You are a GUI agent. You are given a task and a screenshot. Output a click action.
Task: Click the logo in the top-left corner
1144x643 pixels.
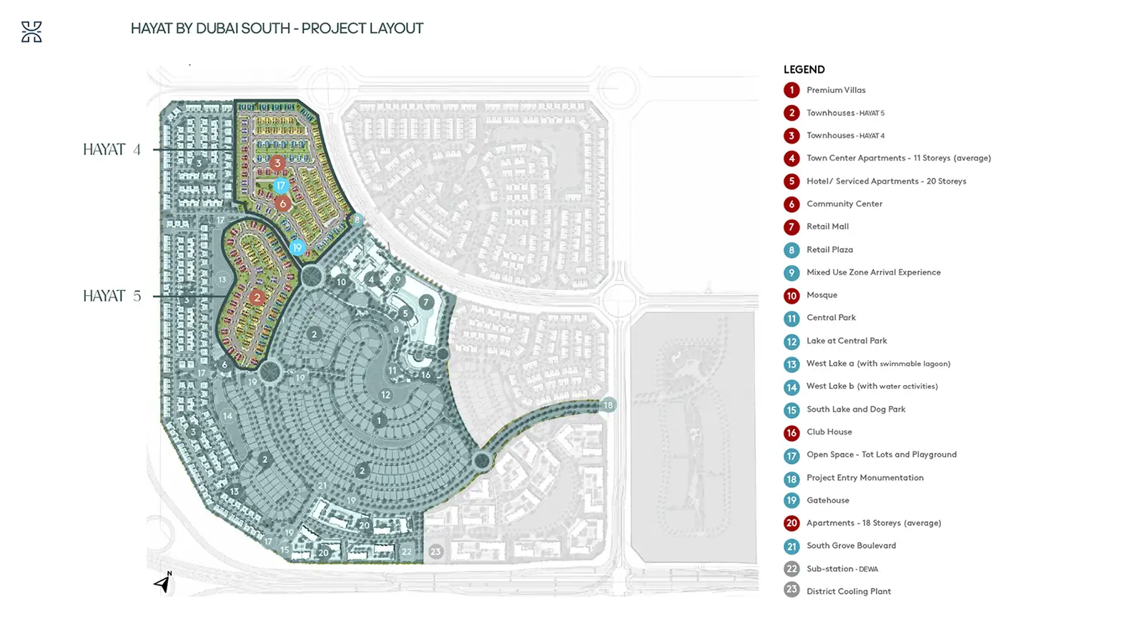pyautogui.click(x=31, y=31)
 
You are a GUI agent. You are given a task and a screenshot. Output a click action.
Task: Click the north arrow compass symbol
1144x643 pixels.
pyautogui.click(x=163, y=582)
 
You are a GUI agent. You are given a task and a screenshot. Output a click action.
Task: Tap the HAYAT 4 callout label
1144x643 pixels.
pyautogui.click(x=112, y=149)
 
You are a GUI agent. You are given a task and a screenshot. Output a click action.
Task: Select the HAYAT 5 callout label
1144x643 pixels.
pyautogui.click(x=112, y=296)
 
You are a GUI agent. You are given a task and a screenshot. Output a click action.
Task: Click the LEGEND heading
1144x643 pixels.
pyautogui.click(x=804, y=69)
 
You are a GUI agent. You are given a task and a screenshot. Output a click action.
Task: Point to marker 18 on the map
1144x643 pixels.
pyautogui.click(x=608, y=405)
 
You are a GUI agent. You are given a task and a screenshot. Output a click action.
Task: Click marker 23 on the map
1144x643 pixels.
pyautogui.click(x=435, y=552)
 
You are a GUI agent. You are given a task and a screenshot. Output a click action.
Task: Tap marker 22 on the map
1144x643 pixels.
pyautogui.click(x=407, y=552)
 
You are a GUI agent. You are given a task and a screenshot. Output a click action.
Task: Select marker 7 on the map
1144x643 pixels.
pyautogui.click(x=426, y=302)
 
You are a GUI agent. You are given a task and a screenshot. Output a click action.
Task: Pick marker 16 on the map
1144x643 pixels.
pyautogui.click(x=426, y=375)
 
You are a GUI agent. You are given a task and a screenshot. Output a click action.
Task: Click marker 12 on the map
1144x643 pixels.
pyautogui.click(x=385, y=395)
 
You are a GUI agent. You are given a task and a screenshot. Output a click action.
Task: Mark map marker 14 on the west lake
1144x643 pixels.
pyautogui.click(x=228, y=416)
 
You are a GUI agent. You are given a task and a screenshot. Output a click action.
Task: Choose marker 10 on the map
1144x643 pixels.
pyautogui.click(x=342, y=281)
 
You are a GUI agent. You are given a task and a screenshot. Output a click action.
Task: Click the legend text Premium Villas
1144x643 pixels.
pyautogui.click(x=836, y=90)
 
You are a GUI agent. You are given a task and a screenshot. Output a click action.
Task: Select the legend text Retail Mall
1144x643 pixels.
pyautogui.click(x=827, y=226)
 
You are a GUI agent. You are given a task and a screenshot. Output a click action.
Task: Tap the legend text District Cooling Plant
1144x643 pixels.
pyautogui.click(x=849, y=592)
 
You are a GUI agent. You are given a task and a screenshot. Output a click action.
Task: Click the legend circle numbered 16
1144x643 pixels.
pyautogui.click(x=792, y=433)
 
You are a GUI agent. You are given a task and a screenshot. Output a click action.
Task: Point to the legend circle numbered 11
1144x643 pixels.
pyautogui.click(x=792, y=319)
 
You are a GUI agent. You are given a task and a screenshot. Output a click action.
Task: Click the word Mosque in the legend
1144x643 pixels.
pyautogui.click(x=822, y=295)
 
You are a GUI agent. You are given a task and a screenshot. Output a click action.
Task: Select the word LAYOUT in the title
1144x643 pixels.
pyautogui.click(x=396, y=29)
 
